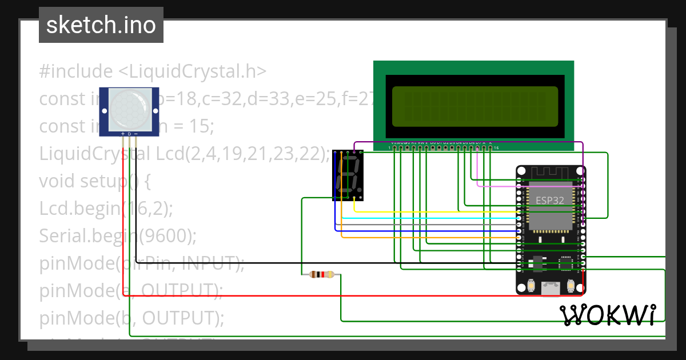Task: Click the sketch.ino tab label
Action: click(101, 25)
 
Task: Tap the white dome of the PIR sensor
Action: click(129, 109)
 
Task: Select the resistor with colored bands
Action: click(321, 275)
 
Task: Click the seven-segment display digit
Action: click(349, 175)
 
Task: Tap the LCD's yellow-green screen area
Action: click(474, 107)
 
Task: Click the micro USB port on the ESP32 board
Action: click(551, 289)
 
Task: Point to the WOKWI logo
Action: click(607, 315)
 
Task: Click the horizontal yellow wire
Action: click(434, 212)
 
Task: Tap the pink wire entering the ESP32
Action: click(526, 186)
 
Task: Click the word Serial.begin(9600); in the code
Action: click(118, 235)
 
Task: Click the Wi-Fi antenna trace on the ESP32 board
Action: click(550, 173)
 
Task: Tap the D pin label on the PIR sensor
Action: click(129, 134)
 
